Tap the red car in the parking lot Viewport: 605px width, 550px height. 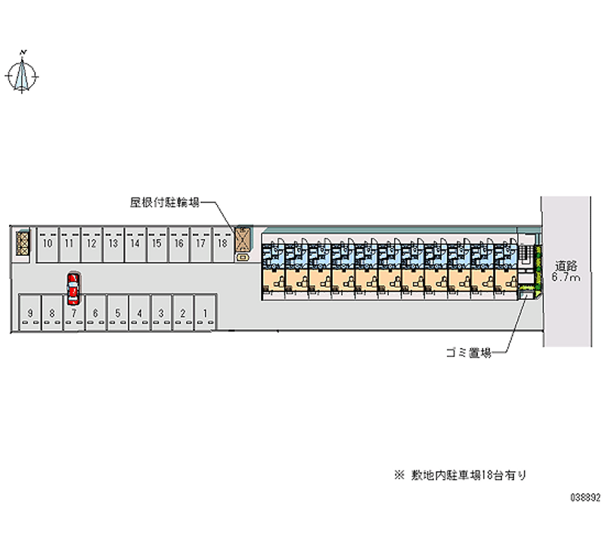pyautogui.click(x=73, y=287)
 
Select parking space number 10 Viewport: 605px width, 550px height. pyautogui.click(x=48, y=244)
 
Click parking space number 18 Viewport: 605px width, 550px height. pyautogui.click(x=222, y=244)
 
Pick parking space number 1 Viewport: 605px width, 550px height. pyautogui.click(x=205, y=313)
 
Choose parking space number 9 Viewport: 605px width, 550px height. pyautogui.click(x=29, y=313)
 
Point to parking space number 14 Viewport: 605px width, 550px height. pyautogui.click(x=135, y=244)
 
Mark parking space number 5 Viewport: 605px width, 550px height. pyautogui.click(x=117, y=313)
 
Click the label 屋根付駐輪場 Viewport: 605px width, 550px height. pyautogui.click(x=163, y=202)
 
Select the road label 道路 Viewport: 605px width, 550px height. pyautogui.click(x=566, y=266)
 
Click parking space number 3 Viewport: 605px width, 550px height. pyautogui.click(x=161, y=313)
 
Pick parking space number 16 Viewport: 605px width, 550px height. pyautogui.click(x=178, y=244)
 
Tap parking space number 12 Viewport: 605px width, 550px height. pyautogui.click(x=91, y=244)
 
